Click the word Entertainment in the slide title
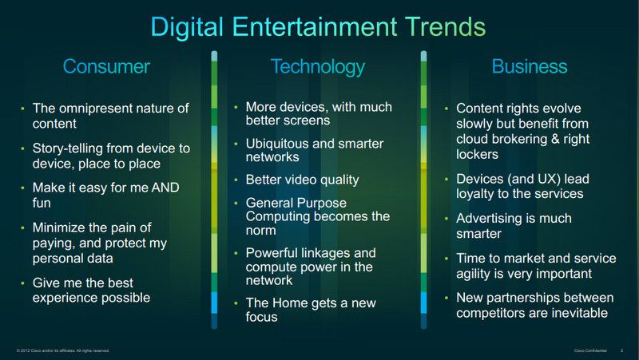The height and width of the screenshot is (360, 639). pyautogui.click(x=315, y=26)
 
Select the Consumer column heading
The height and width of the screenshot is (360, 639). pyautogui.click(x=106, y=66)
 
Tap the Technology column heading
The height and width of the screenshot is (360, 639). pyautogui.click(x=318, y=67)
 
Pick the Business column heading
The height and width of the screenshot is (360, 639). pyautogui.click(x=530, y=66)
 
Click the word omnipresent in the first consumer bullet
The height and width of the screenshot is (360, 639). pyautogui.click(x=95, y=109)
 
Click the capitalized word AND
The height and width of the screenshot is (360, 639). pyautogui.click(x=165, y=188)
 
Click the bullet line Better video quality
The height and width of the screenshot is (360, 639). pyautogui.click(x=302, y=180)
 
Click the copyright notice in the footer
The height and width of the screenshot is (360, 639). pyautogui.click(x=63, y=350)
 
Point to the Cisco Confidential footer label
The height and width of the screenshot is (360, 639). pyautogui.click(x=590, y=350)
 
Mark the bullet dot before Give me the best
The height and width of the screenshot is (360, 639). pyautogui.click(x=23, y=283)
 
